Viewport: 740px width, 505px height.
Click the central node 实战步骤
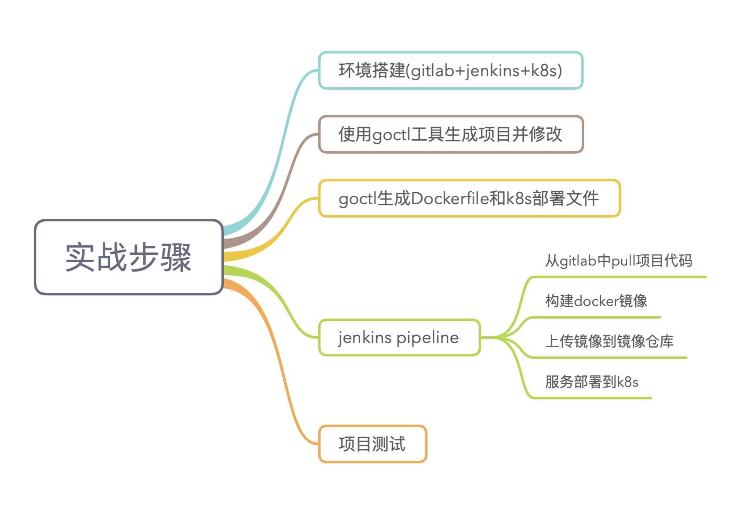[x=128, y=257]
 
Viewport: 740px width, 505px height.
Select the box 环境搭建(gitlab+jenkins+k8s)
[x=450, y=70]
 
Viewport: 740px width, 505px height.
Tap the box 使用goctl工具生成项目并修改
[x=450, y=134]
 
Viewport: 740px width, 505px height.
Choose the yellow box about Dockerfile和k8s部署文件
[x=469, y=198]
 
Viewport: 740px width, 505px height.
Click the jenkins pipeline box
[x=399, y=338]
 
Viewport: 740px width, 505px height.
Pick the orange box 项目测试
[x=373, y=444]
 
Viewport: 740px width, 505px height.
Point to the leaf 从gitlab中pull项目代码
[x=618, y=261]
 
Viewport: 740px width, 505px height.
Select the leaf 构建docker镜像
[x=596, y=301]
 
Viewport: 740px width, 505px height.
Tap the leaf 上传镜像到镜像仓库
[x=609, y=341]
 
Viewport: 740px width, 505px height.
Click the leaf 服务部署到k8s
[x=592, y=382]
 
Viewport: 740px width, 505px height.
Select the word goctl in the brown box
[x=391, y=135]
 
